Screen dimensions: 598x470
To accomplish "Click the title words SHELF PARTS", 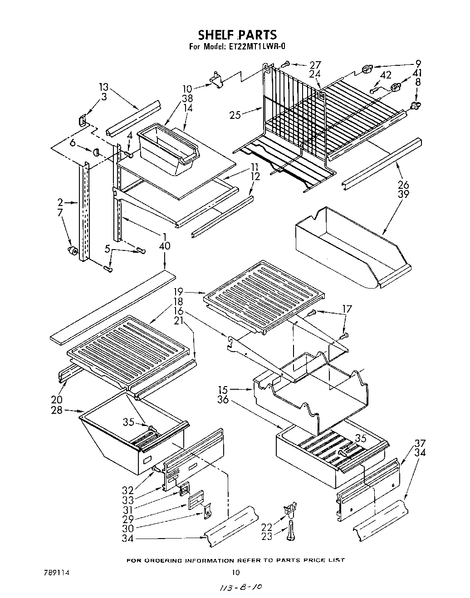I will click(237, 34).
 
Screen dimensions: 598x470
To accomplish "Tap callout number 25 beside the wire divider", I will click(235, 115).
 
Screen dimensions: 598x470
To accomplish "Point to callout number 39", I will click(403, 194).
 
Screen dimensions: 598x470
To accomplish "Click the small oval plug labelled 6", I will click(97, 152).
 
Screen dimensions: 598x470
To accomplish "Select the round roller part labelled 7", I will click(71, 252).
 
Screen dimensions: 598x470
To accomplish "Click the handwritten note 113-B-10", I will click(241, 587).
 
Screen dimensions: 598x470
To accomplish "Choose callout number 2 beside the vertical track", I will click(60, 203).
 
